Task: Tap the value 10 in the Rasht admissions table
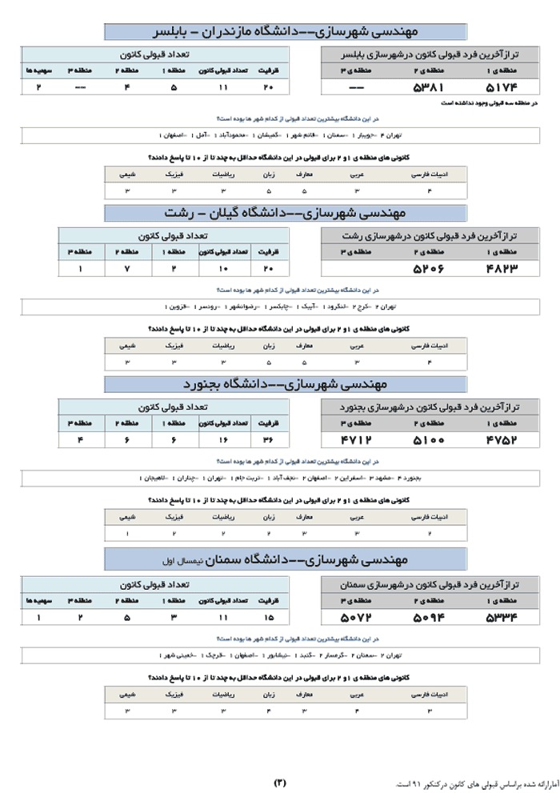pyautogui.click(x=222, y=269)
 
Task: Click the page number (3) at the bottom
pyautogui.click(x=280, y=782)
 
